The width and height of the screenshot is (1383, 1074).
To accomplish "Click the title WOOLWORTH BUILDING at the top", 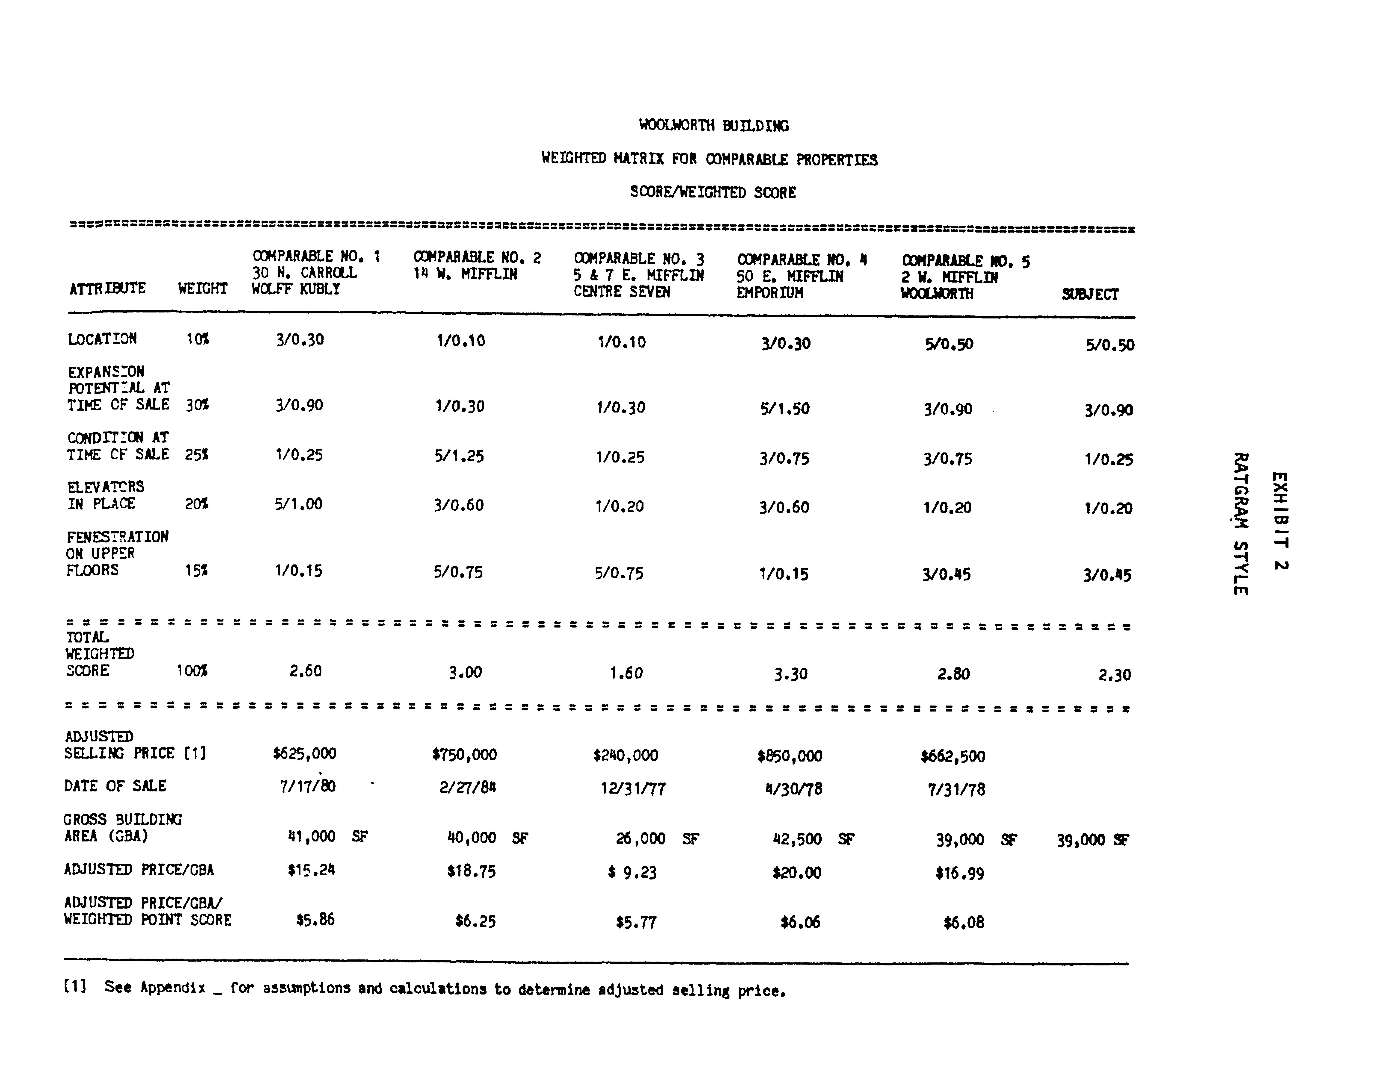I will tap(714, 125).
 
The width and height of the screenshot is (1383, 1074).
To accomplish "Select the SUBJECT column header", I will tap(1090, 294).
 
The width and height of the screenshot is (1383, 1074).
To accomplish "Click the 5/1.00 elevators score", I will tap(298, 504).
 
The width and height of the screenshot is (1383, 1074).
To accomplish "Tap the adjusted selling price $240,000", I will tap(626, 755).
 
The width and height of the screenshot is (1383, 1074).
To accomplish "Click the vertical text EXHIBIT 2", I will tap(1280, 521).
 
